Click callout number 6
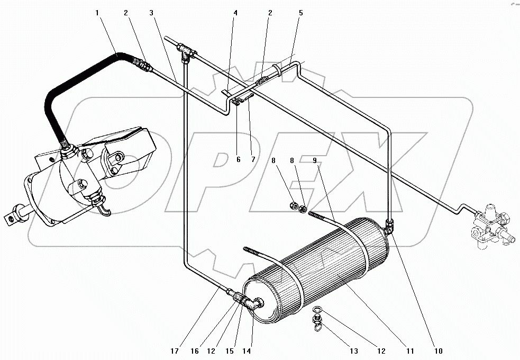click(x=238, y=159)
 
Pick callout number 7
click(x=253, y=159)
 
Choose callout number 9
click(x=315, y=159)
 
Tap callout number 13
click(x=353, y=350)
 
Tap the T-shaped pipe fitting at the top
click(x=186, y=51)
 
